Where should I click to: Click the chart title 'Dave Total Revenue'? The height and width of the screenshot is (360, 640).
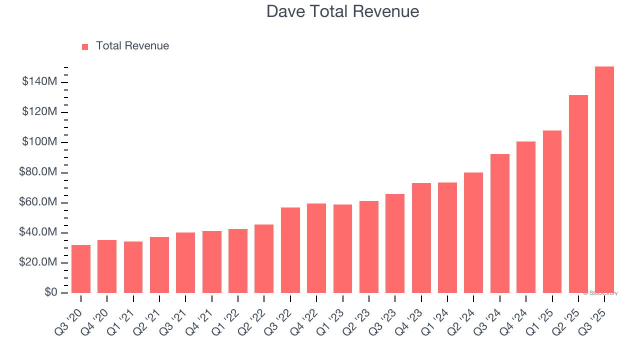342,11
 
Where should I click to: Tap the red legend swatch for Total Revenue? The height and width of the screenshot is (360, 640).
85,46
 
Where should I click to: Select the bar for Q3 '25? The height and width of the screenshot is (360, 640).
604,179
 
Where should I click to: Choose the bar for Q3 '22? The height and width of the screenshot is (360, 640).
290,250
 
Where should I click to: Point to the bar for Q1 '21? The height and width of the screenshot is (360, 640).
133,267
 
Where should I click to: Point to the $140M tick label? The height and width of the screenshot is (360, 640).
39,81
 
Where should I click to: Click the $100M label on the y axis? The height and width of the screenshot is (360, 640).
39,142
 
